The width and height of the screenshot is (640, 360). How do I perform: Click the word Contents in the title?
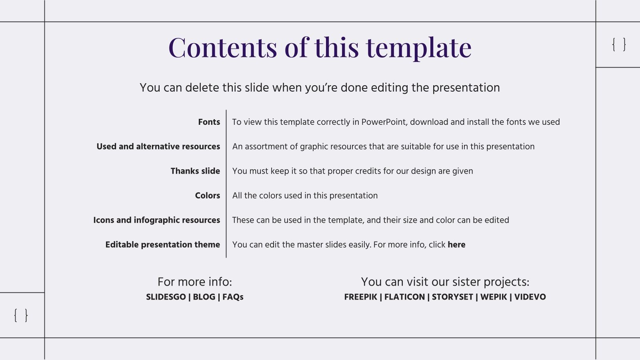tap(223, 48)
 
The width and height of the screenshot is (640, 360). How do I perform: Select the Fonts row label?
tap(209, 122)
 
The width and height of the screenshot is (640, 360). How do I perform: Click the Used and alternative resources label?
tap(158, 146)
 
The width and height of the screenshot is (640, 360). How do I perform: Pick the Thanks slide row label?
tap(196, 171)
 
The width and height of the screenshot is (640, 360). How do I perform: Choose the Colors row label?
tap(208, 196)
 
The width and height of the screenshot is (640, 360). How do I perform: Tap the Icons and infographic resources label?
tap(156, 220)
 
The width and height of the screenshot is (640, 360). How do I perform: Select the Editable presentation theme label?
tap(162, 245)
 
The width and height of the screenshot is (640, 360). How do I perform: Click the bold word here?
tap(456, 245)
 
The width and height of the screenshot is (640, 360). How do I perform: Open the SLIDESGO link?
tap(166, 297)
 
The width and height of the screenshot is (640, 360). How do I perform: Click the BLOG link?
tap(204, 297)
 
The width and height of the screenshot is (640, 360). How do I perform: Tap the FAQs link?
tap(233, 297)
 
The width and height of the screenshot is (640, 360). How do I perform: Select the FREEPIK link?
tap(360, 297)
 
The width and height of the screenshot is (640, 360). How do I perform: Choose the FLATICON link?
tap(404, 297)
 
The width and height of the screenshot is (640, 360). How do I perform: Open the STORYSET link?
tap(452, 297)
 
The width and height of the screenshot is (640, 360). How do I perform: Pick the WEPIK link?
tap(494, 297)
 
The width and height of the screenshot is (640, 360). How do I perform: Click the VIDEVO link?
tap(530, 297)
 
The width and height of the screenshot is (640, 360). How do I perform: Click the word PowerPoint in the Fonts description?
tap(384, 122)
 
